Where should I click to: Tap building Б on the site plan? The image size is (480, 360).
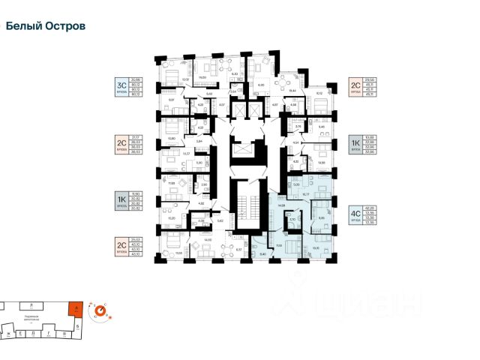78,328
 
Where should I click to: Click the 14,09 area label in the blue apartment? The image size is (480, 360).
282,205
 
